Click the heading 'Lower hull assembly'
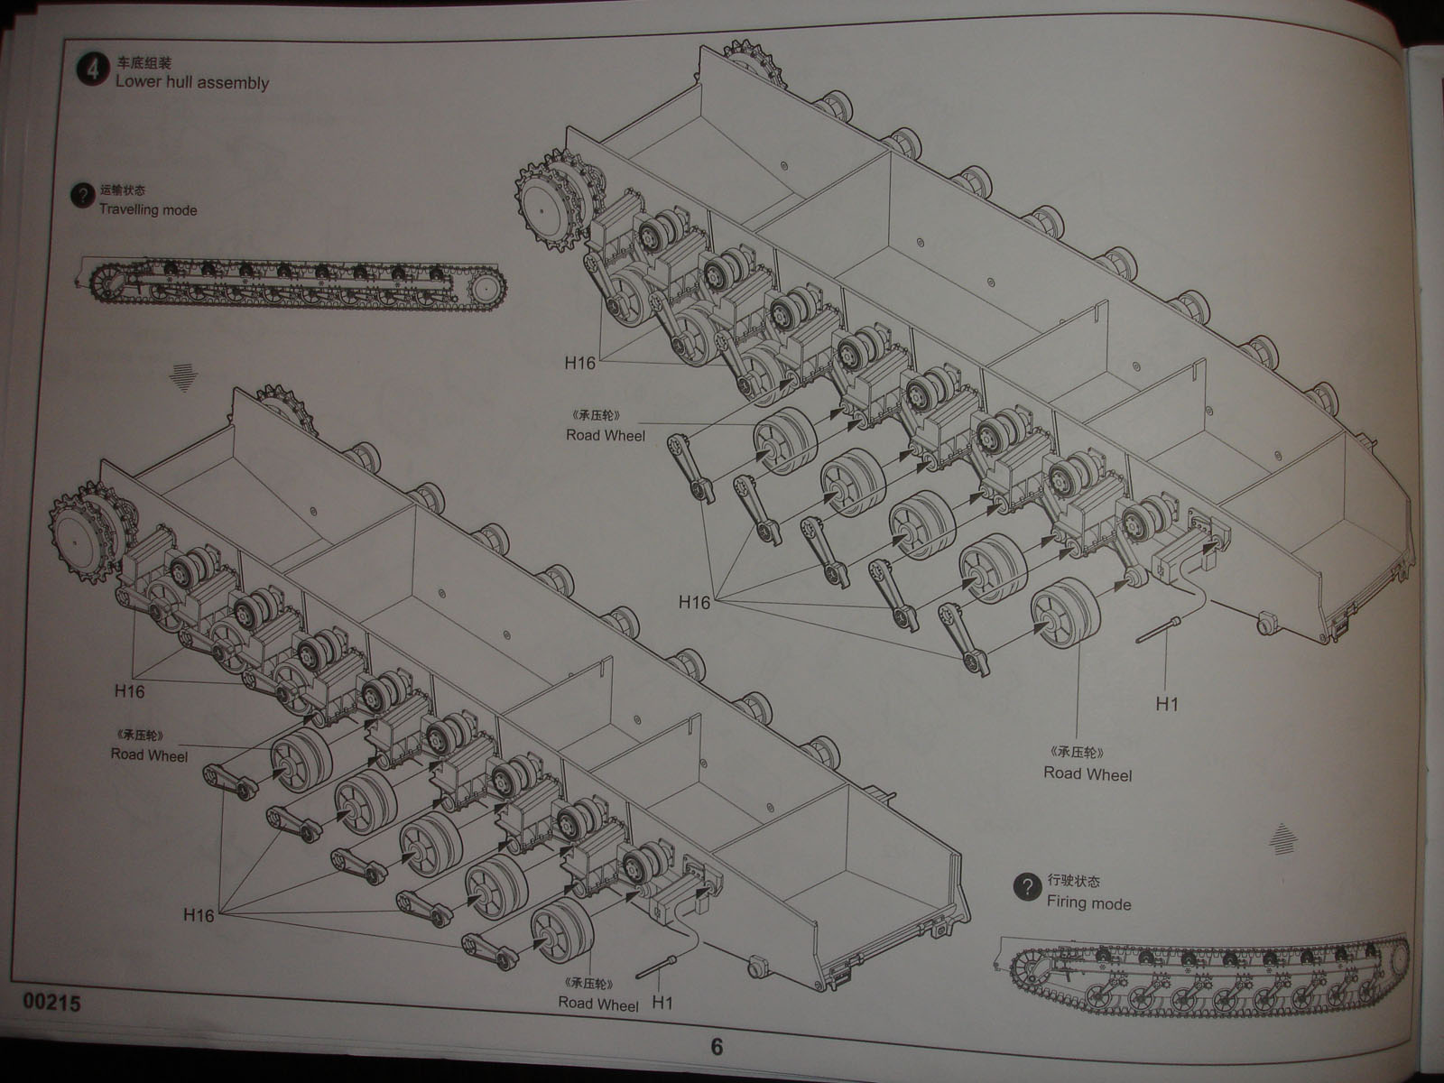pos(191,83)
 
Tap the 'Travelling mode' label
pos(147,210)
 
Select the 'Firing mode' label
pos(1088,902)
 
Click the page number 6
pos(716,1048)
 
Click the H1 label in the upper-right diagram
pos(1167,704)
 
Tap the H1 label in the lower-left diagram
pos(662,1003)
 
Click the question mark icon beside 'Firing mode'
pos(1026,889)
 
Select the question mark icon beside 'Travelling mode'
pos(82,196)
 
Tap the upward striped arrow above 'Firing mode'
pos(1281,838)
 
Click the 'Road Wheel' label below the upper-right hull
pos(1087,773)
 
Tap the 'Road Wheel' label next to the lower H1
pos(598,1004)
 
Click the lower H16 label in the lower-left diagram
pos(198,915)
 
